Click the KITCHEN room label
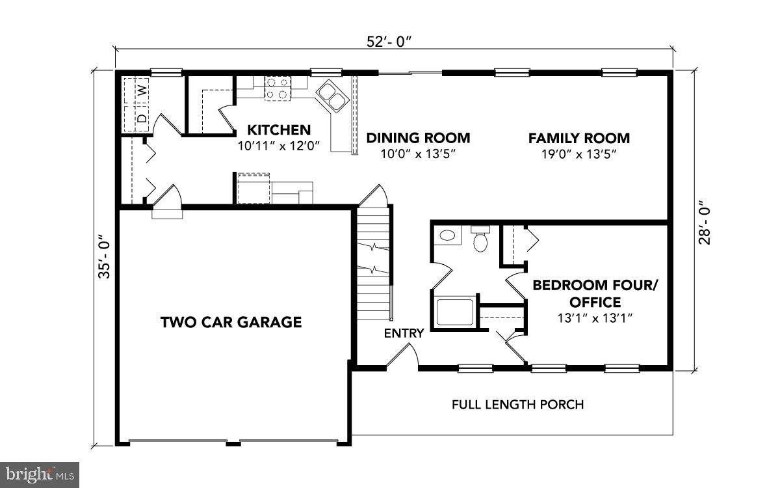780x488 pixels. point(279,129)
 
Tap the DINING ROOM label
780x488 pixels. point(418,138)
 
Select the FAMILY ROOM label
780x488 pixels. point(578,138)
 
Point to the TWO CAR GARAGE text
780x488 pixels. point(231,321)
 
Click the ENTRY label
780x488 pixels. point(404,334)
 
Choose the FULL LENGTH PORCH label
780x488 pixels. point(517,405)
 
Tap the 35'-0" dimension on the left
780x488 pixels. point(103,257)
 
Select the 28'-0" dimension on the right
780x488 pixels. point(704,222)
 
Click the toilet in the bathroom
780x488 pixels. point(480,240)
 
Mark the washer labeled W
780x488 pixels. point(140,90)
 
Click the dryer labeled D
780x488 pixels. point(140,118)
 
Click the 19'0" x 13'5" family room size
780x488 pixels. point(578,154)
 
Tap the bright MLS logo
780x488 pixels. point(39,474)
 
